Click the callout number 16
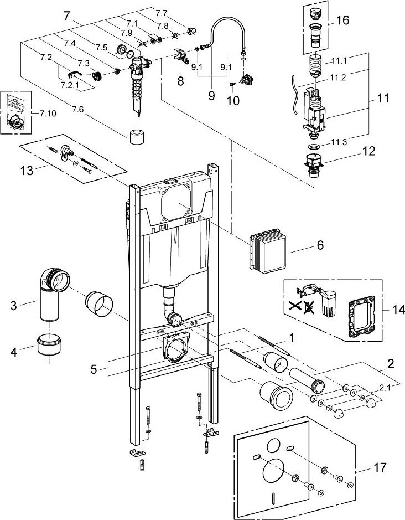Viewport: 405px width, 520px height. (342, 20)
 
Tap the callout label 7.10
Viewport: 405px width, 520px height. (48, 114)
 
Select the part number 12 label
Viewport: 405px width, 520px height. (368, 151)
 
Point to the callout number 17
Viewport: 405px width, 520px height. (380, 467)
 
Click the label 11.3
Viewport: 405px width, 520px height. (339, 143)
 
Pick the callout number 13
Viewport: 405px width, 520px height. (27, 171)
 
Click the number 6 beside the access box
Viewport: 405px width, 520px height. (320, 245)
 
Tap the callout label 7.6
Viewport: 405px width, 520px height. (78, 110)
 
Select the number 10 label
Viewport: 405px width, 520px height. (233, 100)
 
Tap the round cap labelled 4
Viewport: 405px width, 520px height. (49, 344)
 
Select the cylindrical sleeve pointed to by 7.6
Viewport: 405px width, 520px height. (136, 136)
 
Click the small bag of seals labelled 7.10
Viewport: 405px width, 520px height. (16, 112)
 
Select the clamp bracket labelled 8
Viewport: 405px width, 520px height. (181, 55)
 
